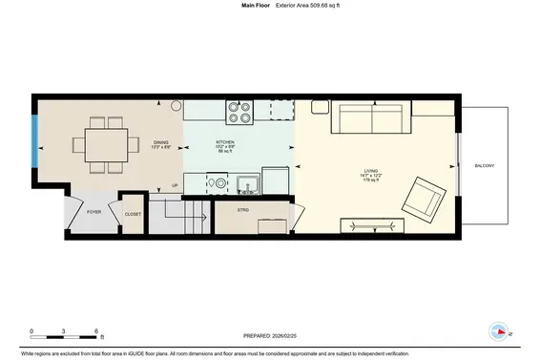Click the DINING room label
160,141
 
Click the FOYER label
93,212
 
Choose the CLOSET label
133,214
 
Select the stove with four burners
239,113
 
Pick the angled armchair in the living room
422,198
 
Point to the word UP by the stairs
174,185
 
